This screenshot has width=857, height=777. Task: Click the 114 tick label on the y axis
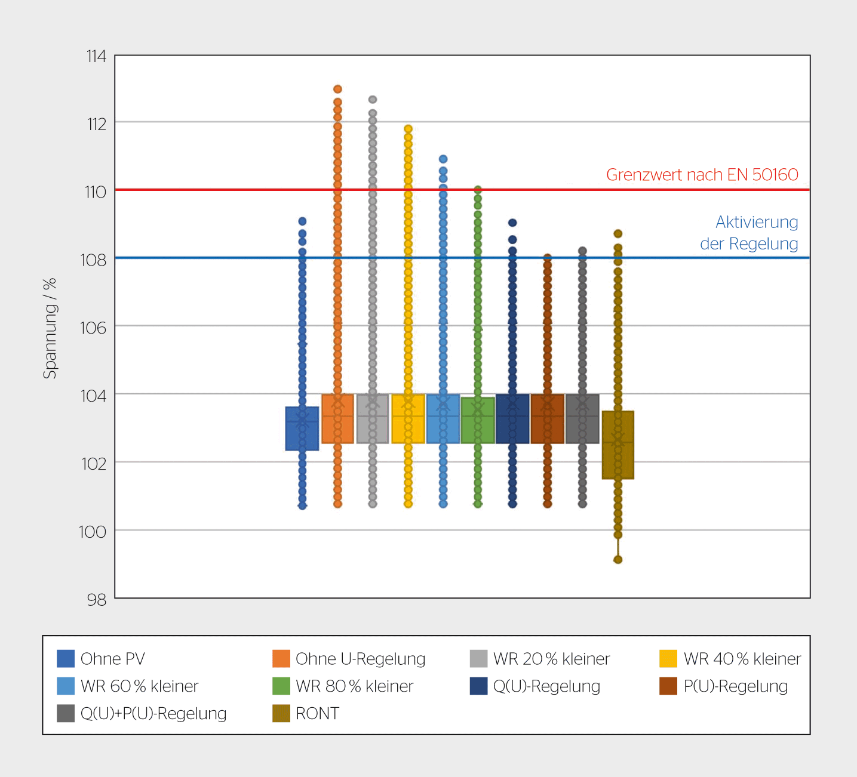[x=96, y=56]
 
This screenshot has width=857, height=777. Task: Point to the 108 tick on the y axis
[x=94, y=260]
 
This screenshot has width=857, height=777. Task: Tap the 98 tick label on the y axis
[x=96, y=600]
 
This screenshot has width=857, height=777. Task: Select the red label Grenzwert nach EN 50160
[x=702, y=175]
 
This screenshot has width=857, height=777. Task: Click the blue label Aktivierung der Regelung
[x=750, y=233]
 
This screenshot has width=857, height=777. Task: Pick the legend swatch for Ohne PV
[x=66, y=659]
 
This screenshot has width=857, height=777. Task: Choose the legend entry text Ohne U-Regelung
[x=360, y=659]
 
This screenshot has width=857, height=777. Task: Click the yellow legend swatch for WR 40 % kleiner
[x=668, y=659]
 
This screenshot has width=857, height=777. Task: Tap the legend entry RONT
[x=317, y=714]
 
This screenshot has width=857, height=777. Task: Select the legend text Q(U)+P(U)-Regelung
[x=153, y=714]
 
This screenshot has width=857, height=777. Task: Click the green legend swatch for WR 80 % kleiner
[x=281, y=686]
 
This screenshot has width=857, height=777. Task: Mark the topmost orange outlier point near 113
[x=337, y=90]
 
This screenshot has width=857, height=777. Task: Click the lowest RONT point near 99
[x=618, y=560]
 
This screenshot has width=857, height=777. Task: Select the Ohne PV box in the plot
[x=302, y=428]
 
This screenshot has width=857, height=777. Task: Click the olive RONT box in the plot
[x=618, y=445]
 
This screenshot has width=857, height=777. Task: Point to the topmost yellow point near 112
[x=408, y=129]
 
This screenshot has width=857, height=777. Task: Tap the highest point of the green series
[x=478, y=190]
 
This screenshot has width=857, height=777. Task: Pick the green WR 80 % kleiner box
[x=478, y=420]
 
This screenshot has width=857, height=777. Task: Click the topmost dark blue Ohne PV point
[x=302, y=221]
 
